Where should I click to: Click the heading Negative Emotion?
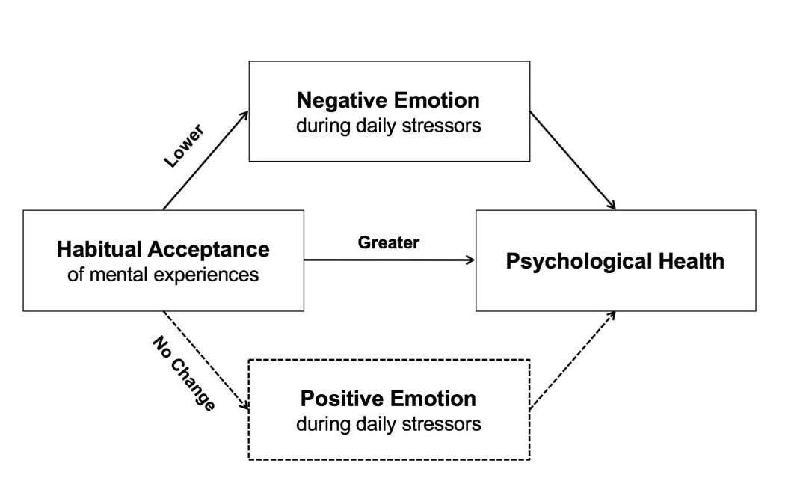(x=388, y=99)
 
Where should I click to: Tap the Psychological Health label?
(x=615, y=261)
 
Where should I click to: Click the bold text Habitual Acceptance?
(x=163, y=248)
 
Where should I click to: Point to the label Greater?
(x=388, y=242)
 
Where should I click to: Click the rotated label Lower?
(x=183, y=146)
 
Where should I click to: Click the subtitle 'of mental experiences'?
(x=163, y=275)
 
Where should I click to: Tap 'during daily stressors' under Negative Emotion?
(x=388, y=126)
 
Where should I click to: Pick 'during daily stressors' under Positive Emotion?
(x=388, y=424)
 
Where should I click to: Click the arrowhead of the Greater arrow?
(x=470, y=260)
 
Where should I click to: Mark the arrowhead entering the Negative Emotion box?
(x=244, y=114)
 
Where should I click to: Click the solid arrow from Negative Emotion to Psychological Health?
(x=572, y=160)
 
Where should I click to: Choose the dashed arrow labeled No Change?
(x=206, y=360)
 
